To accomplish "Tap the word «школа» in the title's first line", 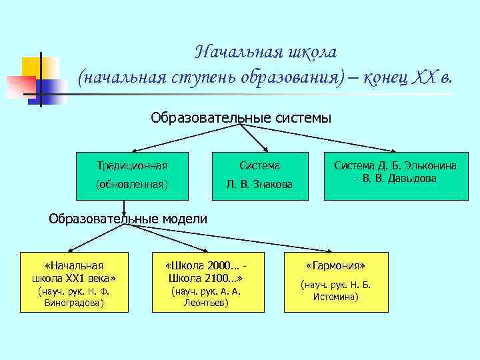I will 311,52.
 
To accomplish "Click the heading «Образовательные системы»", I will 241,118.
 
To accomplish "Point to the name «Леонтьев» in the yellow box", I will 206,303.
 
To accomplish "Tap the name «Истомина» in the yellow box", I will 336,296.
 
